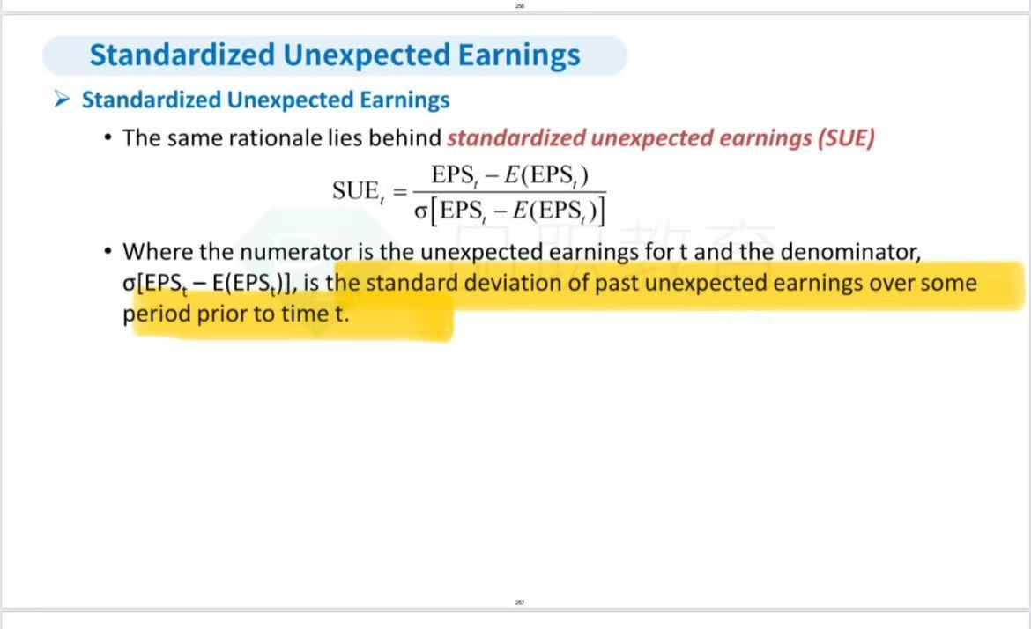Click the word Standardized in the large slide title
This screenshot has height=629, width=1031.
click(x=182, y=55)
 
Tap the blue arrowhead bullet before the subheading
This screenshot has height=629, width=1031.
click(x=63, y=100)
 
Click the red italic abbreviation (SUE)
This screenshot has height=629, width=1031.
click(x=846, y=138)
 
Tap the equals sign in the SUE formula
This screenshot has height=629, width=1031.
click(x=400, y=192)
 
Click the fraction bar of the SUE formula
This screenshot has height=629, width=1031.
click(x=509, y=193)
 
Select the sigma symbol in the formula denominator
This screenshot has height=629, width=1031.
click(x=421, y=211)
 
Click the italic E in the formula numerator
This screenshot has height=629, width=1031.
click(x=512, y=174)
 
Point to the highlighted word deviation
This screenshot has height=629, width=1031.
click(x=526, y=283)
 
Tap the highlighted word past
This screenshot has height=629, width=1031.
click(x=617, y=284)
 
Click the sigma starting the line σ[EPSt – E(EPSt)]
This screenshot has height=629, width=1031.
click(x=130, y=284)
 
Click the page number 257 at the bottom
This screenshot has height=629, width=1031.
click(x=519, y=602)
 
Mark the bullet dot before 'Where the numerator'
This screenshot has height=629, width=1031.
click(x=108, y=250)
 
